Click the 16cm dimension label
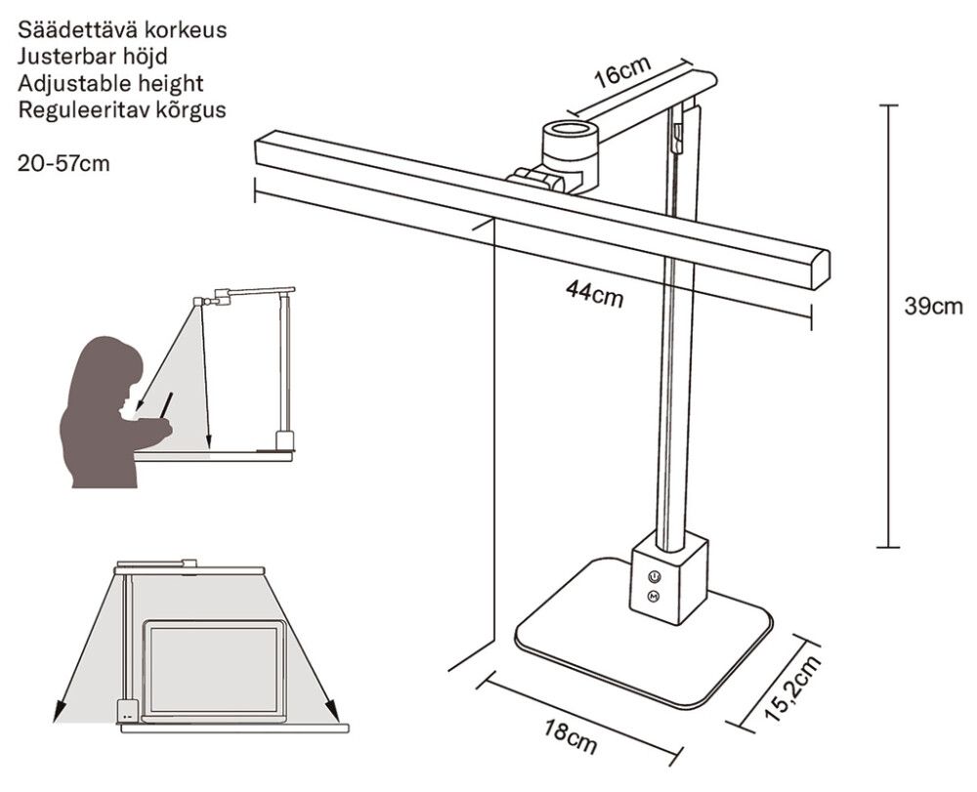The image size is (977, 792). click(621, 75)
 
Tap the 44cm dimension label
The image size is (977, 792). click(594, 293)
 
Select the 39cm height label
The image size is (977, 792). click(934, 307)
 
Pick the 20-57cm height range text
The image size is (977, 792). click(64, 163)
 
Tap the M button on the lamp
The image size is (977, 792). click(654, 596)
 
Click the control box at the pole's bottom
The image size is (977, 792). click(668, 577)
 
